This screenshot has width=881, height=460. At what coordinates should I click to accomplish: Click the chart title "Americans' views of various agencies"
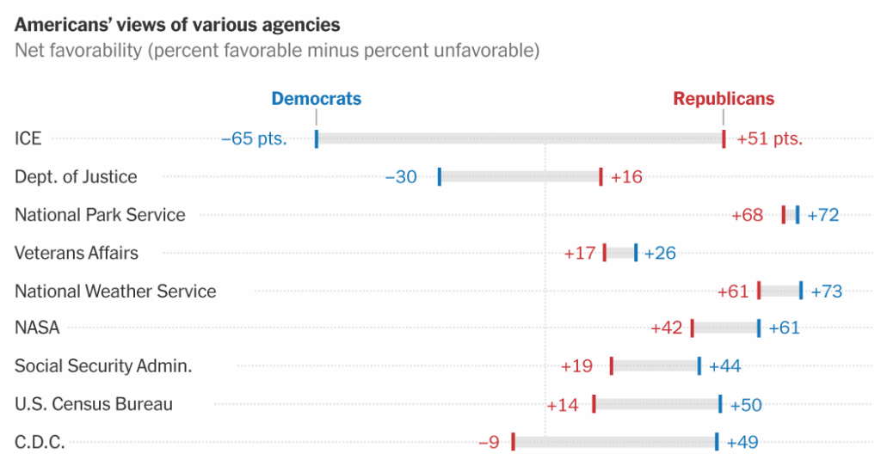point(177,25)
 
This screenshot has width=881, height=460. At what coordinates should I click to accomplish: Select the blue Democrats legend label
point(316,99)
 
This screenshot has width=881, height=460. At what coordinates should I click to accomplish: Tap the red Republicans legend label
point(724,99)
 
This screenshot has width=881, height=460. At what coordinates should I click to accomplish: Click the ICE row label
point(28,138)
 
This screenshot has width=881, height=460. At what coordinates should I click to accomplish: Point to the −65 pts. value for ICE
point(254,139)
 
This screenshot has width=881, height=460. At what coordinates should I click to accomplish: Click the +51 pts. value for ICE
point(769,139)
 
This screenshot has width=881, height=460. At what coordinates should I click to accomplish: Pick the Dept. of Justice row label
point(76,177)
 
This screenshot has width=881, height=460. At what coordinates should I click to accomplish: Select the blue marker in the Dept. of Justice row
point(440,177)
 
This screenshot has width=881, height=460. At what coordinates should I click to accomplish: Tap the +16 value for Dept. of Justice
point(626,177)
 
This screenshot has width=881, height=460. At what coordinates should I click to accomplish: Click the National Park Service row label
point(100,215)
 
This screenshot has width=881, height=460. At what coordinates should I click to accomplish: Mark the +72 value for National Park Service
point(822,215)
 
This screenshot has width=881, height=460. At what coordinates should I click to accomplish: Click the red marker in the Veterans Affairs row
point(605,253)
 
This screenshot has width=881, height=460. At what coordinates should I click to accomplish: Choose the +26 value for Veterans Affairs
point(660,253)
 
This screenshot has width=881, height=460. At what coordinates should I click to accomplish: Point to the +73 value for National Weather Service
point(826,291)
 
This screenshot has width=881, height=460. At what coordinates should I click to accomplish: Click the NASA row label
point(37,328)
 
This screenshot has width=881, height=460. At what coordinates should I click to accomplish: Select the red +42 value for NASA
point(667,328)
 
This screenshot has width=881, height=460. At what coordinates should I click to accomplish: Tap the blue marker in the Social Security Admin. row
point(699,366)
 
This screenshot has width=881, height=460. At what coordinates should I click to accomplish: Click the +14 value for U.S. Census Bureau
point(563,405)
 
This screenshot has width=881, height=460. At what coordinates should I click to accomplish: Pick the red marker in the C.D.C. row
point(513,442)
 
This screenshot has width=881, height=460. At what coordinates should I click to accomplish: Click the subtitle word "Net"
point(29,51)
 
